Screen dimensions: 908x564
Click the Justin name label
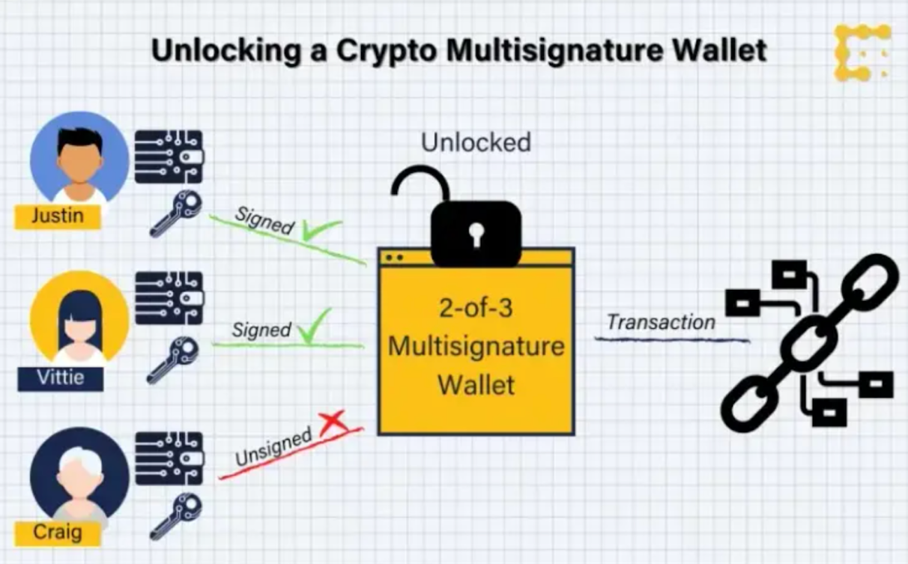point(58,216)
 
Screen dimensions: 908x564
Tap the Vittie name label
point(61,379)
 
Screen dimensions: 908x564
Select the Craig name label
point(58,533)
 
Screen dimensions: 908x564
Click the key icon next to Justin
point(175,213)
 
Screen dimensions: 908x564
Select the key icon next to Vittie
point(173,360)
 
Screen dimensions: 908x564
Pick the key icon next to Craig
point(175,517)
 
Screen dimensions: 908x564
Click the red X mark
point(333,422)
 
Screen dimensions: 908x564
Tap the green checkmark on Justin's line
point(322,230)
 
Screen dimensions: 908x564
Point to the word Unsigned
point(273,447)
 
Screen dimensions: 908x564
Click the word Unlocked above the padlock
point(476,142)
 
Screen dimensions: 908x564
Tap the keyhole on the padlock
point(476,234)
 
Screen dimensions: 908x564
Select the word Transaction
point(661,323)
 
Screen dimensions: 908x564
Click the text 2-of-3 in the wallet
point(476,309)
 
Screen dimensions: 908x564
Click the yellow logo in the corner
point(862,52)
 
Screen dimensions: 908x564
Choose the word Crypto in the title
point(387,52)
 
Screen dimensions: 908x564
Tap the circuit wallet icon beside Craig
point(169,458)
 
